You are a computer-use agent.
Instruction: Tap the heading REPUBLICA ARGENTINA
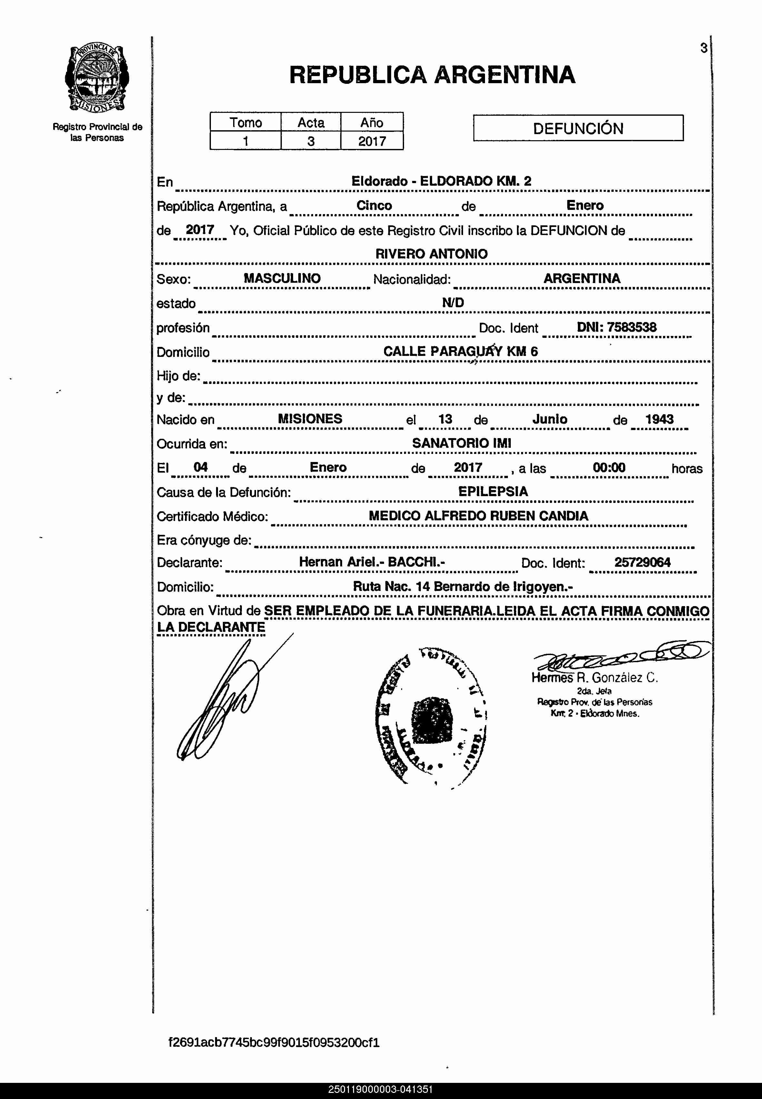(432, 75)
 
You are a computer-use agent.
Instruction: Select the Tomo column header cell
(245, 123)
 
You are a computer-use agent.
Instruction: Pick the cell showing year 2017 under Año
(371, 141)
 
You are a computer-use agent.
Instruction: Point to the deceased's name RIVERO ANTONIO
(431, 254)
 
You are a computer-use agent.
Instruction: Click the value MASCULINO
(282, 278)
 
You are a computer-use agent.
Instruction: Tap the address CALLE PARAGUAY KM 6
(460, 352)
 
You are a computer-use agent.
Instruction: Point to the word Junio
(549, 419)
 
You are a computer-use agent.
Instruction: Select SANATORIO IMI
(461, 443)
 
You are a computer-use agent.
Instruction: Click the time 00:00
(609, 468)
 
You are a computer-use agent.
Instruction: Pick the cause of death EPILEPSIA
(493, 492)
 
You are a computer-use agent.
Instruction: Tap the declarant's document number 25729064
(642, 562)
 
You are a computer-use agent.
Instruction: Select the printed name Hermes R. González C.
(594, 678)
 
